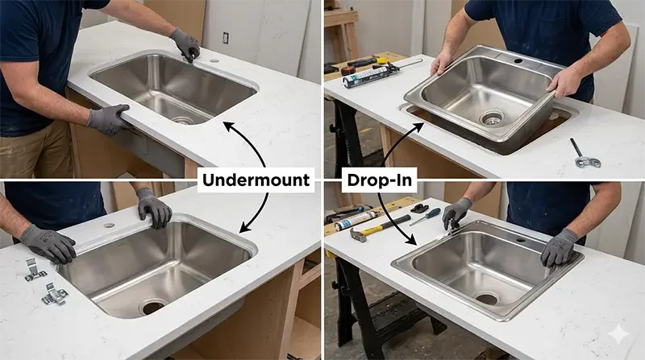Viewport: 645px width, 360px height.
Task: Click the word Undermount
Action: tap(256, 180)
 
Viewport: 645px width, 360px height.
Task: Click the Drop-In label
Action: tap(379, 180)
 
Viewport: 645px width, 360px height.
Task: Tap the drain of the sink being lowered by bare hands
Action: tap(493, 118)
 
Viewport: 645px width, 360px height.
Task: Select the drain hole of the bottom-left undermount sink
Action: tap(153, 306)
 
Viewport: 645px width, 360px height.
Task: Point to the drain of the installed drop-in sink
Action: tap(487, 298)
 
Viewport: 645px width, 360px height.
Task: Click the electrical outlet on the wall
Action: tap(225, 37)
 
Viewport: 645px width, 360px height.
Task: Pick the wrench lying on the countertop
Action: tap(584, 154)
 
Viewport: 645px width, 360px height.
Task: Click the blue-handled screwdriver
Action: tap(425, 217)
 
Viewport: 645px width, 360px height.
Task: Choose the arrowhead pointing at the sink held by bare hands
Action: tap(418, 127)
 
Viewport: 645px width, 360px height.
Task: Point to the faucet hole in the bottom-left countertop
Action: tap(109, 226)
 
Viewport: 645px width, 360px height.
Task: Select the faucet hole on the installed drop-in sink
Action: tap(520, 239)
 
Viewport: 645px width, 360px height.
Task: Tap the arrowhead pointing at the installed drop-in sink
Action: tap(410, 239)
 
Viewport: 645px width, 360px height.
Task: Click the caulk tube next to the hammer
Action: tap(356, 221)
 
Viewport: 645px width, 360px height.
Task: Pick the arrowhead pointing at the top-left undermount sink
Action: tap(229, 126)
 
